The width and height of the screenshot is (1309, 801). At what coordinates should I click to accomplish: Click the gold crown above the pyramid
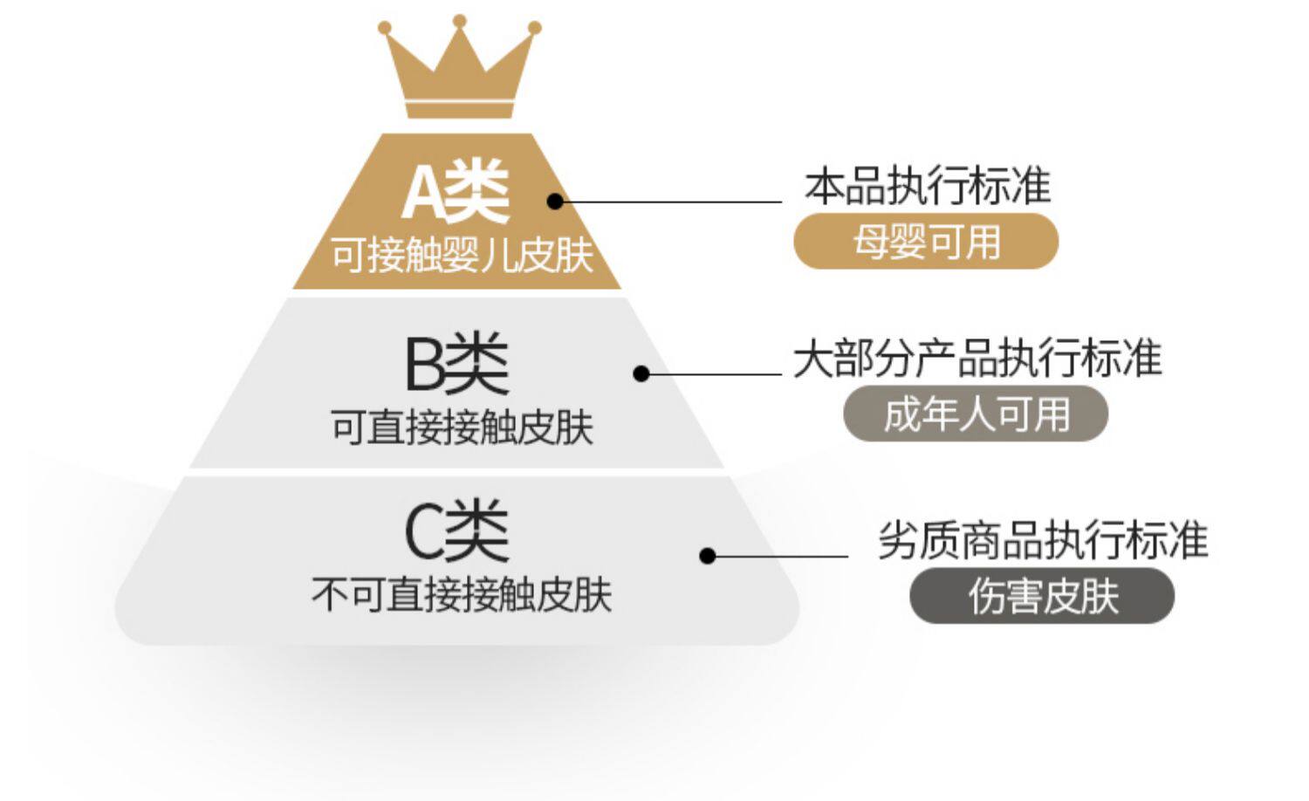(x=459, y=74)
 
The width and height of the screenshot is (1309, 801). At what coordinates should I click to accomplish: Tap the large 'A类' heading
(x=455, y=193)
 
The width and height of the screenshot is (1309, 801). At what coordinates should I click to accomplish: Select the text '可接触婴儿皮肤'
(x=462, y=256)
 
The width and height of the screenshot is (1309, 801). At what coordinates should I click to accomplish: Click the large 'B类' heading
(x=456, y=366)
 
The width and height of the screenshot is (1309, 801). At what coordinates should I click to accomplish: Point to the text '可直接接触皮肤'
(x=462, y=428)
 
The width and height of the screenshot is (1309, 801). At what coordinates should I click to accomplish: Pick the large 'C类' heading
(x=456, y=531)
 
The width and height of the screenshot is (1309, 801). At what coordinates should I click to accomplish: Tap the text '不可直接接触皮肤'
(x=462, y=595)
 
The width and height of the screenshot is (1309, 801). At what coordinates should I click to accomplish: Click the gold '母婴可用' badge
(x=925, y=242)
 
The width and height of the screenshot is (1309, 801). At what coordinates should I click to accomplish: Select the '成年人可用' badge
(x=975, y=414)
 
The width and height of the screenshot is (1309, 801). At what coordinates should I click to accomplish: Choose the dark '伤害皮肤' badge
(x=1042, y=596)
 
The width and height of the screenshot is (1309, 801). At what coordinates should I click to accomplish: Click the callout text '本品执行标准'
(x=927, y=187)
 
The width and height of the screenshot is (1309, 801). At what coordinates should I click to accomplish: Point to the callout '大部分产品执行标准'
(x=977, y=359)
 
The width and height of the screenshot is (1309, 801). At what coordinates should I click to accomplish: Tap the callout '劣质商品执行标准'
(x=1042, y=540)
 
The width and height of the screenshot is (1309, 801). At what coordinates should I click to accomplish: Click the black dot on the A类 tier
(x=555, y=202)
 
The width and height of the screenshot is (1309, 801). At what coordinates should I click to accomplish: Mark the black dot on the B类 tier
(x=641, y=373)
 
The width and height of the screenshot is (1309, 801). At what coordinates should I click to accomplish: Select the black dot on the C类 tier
(x=708, y=555)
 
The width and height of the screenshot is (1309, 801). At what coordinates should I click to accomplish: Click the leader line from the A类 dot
(x=672, y=202)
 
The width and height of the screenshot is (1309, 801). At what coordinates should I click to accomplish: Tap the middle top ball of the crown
(x=460, y=20)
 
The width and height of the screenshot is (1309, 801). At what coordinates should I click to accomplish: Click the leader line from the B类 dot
(x=716, y=373)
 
